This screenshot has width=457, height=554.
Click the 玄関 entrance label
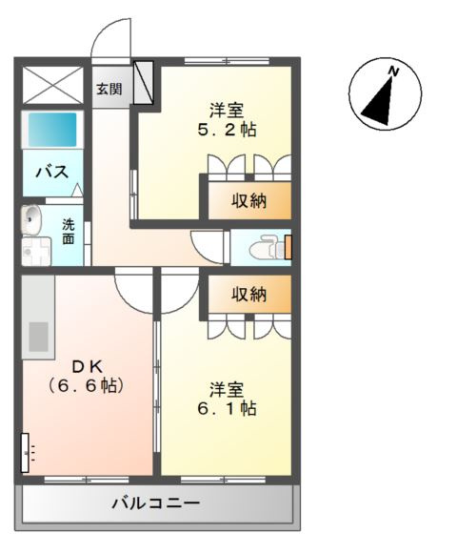tap(108, 90)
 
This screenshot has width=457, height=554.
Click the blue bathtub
tap(51, 129)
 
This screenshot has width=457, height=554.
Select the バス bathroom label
tap(50, 172)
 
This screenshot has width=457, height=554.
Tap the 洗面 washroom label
tap(69, 232)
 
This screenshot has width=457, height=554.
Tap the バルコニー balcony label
tap(155, 503)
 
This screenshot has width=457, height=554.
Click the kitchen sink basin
tap(38, 337)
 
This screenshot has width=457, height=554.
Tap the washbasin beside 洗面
tap(32, 219)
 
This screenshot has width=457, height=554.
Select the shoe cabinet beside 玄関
tap(144, 83)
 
